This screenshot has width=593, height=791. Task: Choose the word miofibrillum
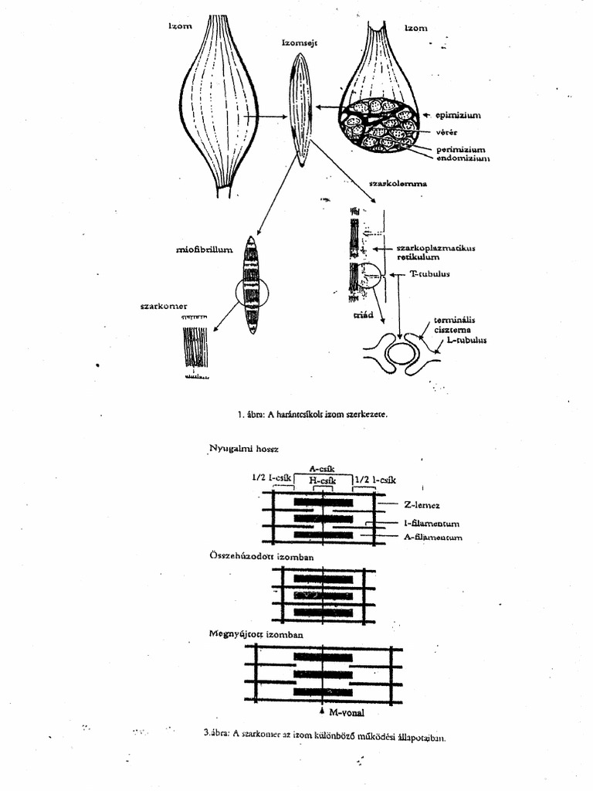click(x=204, y=250)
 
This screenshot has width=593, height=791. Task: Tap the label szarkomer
click(x=164, y=306)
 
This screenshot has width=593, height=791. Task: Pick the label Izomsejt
click(x=299, y=43)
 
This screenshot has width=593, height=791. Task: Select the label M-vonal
click(x=346, y=711)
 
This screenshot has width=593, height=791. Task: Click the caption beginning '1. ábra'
click(x=313, y=414)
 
